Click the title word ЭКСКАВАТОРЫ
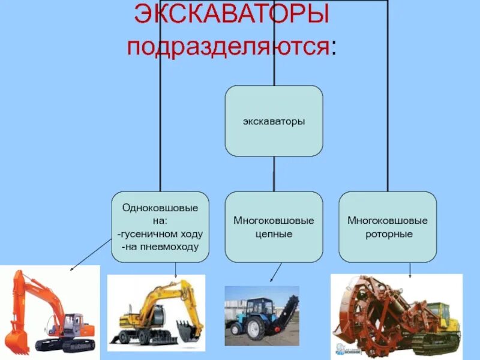click(x=231, y=15)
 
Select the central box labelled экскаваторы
click(x=274, y=121)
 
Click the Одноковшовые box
click(x=160, y=226)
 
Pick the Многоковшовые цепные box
click(x=274, y=226)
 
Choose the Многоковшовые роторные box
click(x=388, y=226)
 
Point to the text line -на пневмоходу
click(x=160, y=247)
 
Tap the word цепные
click(x=274, y=234)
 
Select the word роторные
click(x=388, y=234)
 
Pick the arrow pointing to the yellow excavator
click(x=175, y=270)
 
